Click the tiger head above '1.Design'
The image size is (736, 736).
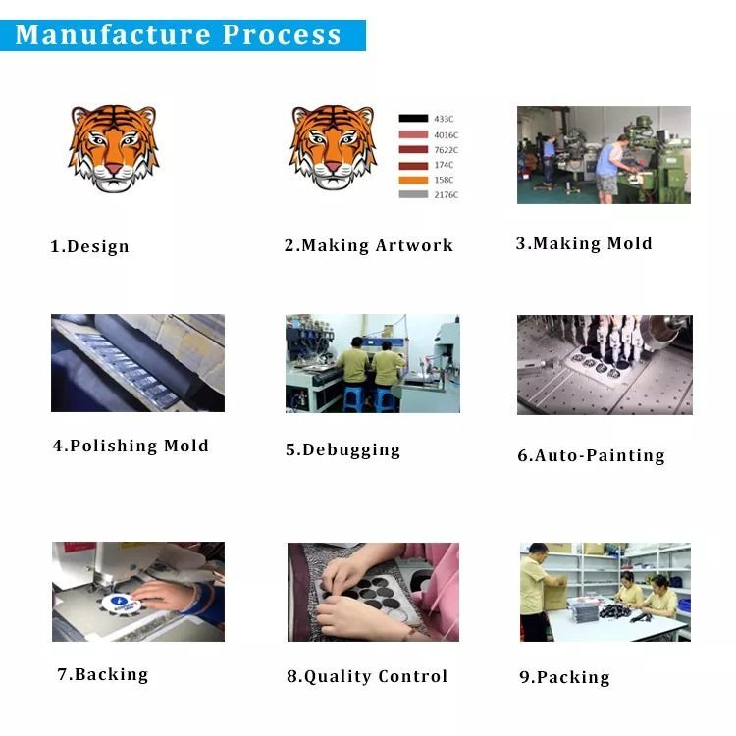pos(113,147)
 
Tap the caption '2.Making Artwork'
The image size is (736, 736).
pos(369,245)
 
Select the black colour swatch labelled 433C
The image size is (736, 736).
pos(413,119)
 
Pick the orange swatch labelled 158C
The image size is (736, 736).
pos(413,180)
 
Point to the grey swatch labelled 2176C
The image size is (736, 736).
pos(413,194)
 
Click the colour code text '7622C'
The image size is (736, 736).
pos(446,150)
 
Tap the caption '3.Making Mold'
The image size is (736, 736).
pos(584,243)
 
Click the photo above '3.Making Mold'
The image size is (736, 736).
pos(604,154)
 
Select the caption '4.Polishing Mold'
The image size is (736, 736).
pos(131,446)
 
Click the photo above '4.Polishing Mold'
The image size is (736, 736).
pos(137,363)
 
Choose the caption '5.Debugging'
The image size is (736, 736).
pos(342,449)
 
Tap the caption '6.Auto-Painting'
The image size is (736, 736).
pos(591,455)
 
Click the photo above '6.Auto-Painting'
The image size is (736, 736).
pos(605,364)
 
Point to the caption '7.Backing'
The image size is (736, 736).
pos(102,674)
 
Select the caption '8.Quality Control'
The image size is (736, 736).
pos(367,676)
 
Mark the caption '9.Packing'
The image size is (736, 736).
pos(564,677)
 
